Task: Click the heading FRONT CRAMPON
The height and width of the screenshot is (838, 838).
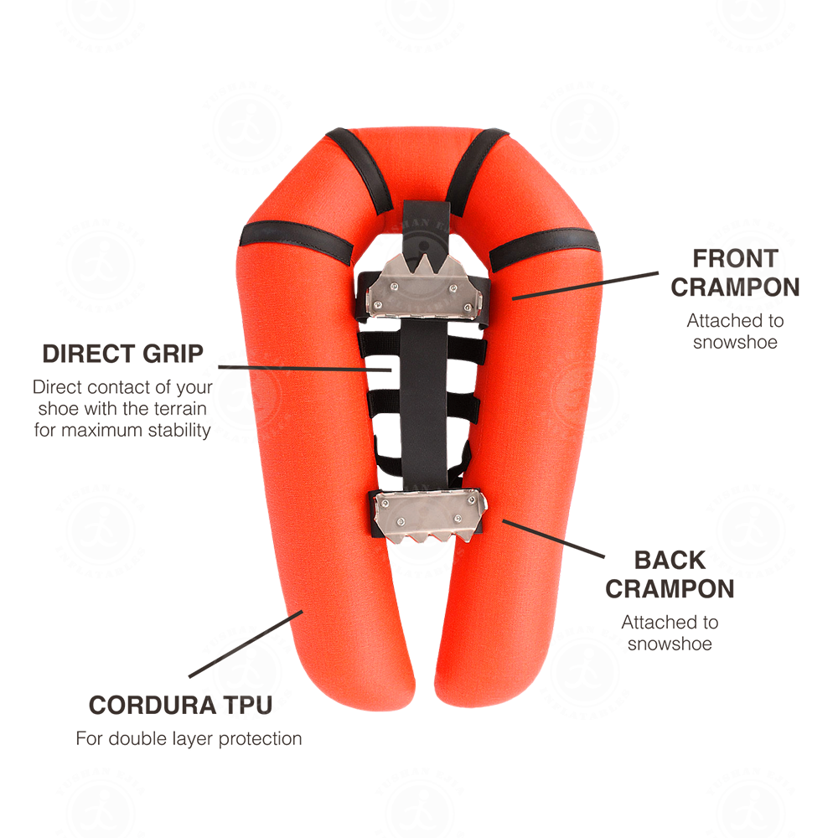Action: tap(735, 272)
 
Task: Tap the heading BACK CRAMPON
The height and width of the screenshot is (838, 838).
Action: tap(670, 575)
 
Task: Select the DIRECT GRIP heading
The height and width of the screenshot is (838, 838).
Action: tap(123, 354)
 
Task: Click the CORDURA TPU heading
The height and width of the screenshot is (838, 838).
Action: tap(181, 705)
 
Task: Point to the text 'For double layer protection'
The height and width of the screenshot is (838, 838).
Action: tap(189, 738)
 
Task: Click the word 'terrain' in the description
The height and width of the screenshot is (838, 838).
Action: tap(180, 408)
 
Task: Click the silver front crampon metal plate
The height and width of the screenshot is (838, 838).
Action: tap(424, 287)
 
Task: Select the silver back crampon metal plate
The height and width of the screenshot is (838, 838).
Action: tap(430, 515)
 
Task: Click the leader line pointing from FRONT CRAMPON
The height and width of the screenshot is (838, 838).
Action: tap(585, 286)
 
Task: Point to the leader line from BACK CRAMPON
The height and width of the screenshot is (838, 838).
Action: tap(553, 539)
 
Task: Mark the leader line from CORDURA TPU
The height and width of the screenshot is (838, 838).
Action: tap(246, 644)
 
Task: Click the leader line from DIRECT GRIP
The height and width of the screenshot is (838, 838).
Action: tap(305, 368)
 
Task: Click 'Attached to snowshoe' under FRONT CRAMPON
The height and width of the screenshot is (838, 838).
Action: tap(735, 331)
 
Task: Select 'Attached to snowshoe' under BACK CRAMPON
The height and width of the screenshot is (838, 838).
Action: tap(670, 633)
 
